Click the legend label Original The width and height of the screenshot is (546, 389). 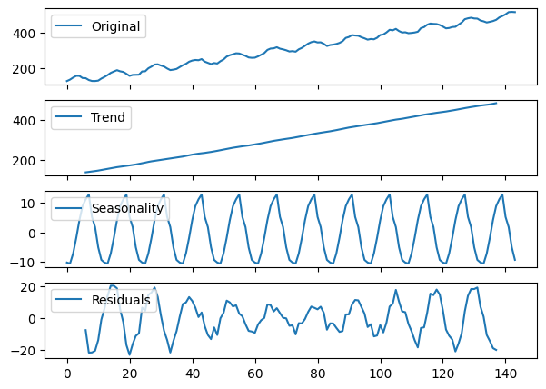(x=116, y=26)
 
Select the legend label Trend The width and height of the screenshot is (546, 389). (x=108, y=117)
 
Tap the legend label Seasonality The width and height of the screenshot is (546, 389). (x=127, y=208)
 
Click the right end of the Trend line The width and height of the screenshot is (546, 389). (x=496, y=103)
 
